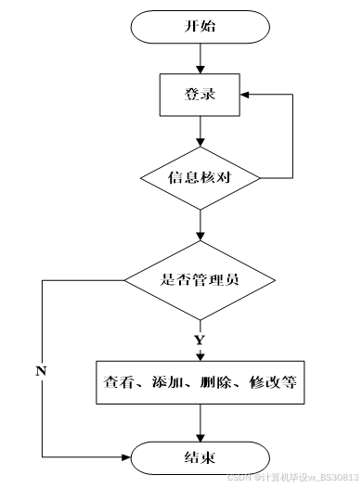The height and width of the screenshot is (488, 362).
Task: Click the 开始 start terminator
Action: (200, 27)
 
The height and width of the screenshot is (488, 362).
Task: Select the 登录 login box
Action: (200, 95)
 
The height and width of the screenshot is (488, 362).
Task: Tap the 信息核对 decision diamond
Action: (200, 178)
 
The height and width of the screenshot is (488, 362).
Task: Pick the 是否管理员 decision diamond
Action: (200, 280)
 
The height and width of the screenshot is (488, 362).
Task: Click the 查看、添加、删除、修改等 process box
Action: (200, 382)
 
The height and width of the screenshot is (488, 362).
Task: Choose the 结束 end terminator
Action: (200, 457)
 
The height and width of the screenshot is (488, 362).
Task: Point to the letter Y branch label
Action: (200, 340)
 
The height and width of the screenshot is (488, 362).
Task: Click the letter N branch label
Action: (41, 371)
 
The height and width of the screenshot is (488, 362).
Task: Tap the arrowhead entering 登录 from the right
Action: (245, 95)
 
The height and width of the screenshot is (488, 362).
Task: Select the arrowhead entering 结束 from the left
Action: (125, 457)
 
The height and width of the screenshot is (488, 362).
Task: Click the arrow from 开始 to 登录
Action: (200, 58)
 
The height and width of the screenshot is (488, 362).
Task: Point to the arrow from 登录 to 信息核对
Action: (200, 132)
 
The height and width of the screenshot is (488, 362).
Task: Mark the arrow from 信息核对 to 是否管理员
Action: (200, 225)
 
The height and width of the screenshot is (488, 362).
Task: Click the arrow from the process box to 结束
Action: (200, 423)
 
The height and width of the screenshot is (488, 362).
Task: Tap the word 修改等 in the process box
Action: (273, 382)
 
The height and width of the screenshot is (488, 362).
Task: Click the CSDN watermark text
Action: (293, 477)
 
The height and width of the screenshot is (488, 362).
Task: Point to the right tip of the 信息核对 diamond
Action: (260, 178)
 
